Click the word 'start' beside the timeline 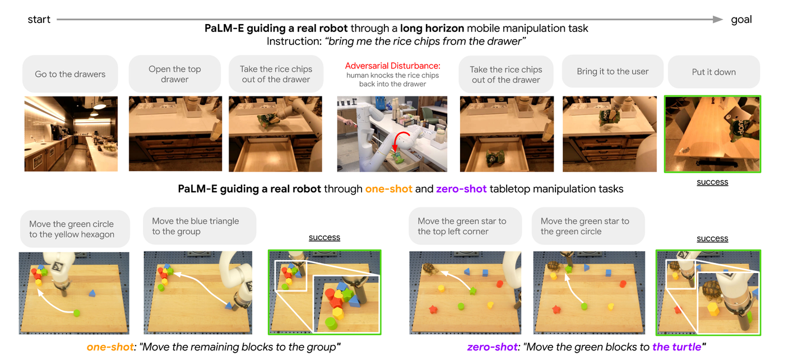(x=39, y=20)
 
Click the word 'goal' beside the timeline (x=741, y=20)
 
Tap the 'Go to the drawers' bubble (x=70, y=74)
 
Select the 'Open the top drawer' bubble (x=175, y=74)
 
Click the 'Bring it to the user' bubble (x=613, y=71)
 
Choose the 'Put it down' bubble (x=714, y=72)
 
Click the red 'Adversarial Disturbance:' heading (x=393, y=66)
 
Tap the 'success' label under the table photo (x=712, y=182)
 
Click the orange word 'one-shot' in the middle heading (x=389, y=189)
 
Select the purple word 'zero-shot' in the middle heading (x=461, y=189)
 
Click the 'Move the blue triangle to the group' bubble (x=200, y=226)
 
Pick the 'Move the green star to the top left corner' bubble (x=465, y=226)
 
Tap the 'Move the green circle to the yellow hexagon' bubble (x=75, y=229)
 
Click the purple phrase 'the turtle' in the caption (x=676, y=347)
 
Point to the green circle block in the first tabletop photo (x=76, y=313)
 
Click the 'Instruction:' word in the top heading (x=294, y=41)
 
